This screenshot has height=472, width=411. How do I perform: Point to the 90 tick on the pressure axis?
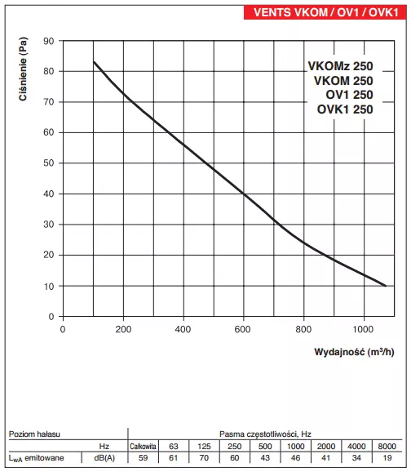click(49, 41)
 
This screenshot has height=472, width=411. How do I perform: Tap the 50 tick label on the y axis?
click(49, 163)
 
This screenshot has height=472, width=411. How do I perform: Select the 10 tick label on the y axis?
click(49, 286)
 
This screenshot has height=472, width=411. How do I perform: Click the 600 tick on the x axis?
click(243, 329)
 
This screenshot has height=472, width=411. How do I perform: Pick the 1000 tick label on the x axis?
click(363, 329)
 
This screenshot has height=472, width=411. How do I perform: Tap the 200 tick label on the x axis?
click(123, 329)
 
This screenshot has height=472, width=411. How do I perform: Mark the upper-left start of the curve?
click(94, 62)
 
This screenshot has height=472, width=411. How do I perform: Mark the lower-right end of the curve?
click(385, 286)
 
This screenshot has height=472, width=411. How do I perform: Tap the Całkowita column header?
click(143, 446)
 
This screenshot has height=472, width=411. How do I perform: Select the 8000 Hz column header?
click(387, 446)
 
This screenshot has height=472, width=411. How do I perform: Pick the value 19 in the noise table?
click(387, 460)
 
